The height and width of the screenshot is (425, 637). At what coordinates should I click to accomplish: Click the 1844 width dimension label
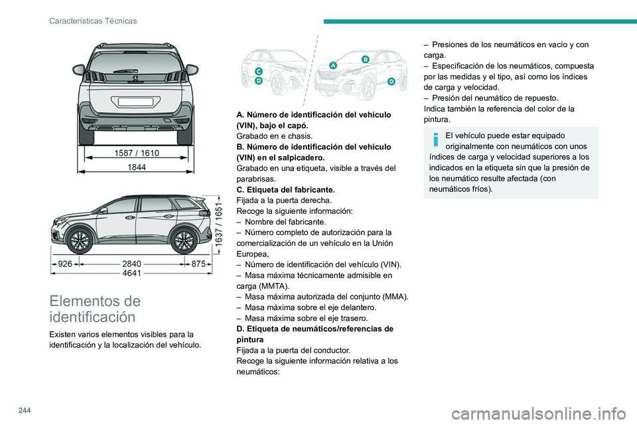pos(136,168)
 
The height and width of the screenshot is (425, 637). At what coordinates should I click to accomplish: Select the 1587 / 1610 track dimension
pos(136,153)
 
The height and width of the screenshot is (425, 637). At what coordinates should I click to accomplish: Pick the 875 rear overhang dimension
pos(199,264)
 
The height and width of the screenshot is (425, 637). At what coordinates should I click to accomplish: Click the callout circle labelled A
pos(332,65)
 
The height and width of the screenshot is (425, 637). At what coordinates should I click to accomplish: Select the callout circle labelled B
pos(365,59)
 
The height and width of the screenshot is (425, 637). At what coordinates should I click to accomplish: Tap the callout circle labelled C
pos(258,70)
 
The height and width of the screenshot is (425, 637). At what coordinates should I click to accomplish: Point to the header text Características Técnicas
pos(93,21)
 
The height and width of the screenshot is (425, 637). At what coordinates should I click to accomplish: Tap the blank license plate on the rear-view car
pos(135,102)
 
